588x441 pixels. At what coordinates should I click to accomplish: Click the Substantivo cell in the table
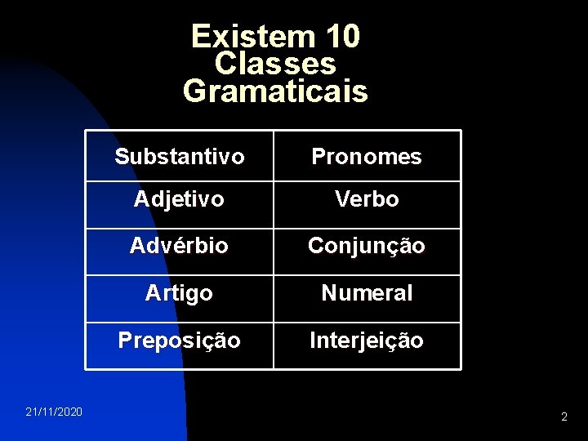coord(180,157)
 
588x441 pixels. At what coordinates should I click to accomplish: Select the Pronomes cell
coord(367,157)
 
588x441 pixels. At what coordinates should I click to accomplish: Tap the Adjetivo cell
coord(180,199)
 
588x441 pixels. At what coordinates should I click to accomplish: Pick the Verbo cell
coord(367,199)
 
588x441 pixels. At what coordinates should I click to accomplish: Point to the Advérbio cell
coord(180,246)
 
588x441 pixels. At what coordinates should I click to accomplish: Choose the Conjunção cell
coord(367,246)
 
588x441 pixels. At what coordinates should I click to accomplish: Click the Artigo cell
coord(180,293)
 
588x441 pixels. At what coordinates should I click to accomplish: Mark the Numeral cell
coord(367,293)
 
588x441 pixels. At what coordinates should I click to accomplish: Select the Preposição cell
coord(180,341)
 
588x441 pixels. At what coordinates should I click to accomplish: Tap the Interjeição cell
coord(367,341)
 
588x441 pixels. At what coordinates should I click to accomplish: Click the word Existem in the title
coord(242,36)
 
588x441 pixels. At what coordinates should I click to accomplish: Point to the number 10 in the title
coord(342,36)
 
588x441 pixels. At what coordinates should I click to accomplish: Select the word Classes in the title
coord(275,63)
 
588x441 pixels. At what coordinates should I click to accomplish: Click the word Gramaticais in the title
coord(275,91)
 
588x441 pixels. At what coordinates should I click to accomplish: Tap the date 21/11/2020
coord(54,412)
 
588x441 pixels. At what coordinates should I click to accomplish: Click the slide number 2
coord(563,417)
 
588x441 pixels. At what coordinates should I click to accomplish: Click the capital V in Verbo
coord(342,199)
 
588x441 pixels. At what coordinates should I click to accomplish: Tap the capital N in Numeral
coord(329,293)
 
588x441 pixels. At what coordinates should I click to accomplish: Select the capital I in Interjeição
coord(313,341)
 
